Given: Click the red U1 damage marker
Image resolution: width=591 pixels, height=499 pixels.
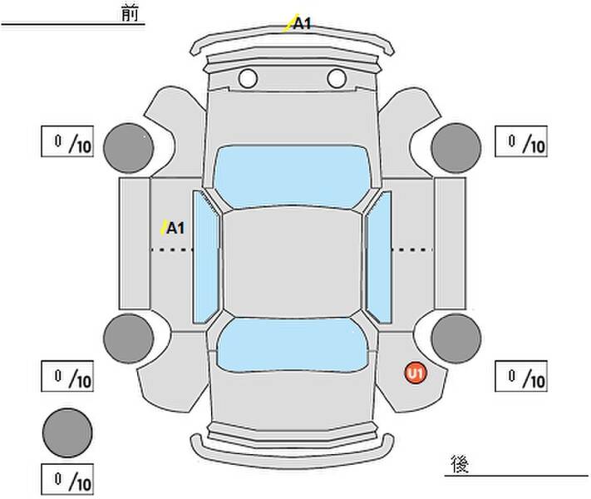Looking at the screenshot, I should coord(415,374).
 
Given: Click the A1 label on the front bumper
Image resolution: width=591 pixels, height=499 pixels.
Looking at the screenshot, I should coord(302,23).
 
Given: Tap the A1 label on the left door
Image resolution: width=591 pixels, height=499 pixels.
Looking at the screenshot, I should coord(175,228).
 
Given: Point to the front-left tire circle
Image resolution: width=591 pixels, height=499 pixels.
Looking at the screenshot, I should coord(129,148).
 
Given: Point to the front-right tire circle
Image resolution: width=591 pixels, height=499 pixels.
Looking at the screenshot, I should coord(456,148).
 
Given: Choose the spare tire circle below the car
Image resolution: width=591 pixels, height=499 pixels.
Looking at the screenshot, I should coord(67,432).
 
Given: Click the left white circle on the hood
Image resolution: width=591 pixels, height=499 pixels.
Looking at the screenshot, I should coord(247,79).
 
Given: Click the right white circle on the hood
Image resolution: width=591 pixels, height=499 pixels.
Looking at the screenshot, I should coord(336,79).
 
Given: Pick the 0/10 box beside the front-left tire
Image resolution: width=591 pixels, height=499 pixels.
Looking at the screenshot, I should coord(67,142).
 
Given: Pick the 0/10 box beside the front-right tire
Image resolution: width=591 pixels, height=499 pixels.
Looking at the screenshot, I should coord(521,141).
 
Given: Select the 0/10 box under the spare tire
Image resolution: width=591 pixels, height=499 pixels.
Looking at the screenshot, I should coord(67,479).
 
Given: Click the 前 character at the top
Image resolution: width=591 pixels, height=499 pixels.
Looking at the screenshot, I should coord(130,14).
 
